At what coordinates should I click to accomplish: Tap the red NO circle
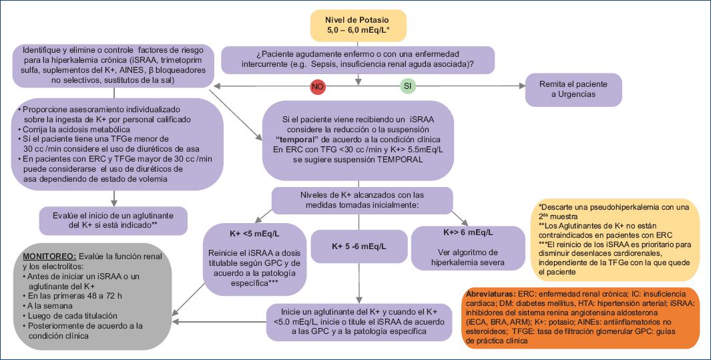click(x=318, y=87)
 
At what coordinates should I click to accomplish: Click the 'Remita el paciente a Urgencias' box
click(x=573, y=89)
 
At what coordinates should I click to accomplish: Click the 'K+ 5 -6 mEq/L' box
click(x=359, y=246)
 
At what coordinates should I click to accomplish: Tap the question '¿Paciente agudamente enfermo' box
click(x=358, y=59)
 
